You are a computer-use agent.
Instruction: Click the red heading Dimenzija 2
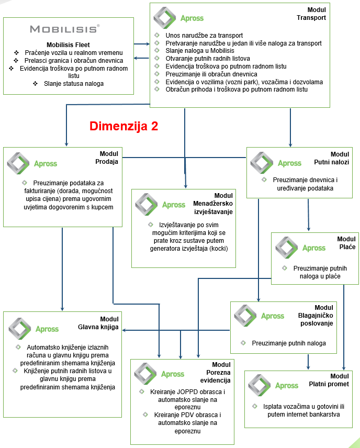point(123,126)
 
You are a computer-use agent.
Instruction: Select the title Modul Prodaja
point(109,158)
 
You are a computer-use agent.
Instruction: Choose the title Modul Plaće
point(346,243)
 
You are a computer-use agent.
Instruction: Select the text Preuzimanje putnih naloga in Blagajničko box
point(289,343)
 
